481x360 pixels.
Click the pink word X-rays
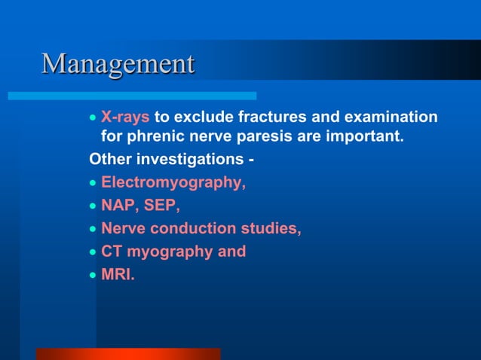[125, 117]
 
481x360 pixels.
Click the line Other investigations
[171, 160]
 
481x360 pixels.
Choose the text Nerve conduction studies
[201, 229]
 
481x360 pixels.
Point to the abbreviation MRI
[117, 274]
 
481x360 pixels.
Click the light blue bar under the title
[132, 96]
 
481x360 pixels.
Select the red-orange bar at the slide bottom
[128, 353]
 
